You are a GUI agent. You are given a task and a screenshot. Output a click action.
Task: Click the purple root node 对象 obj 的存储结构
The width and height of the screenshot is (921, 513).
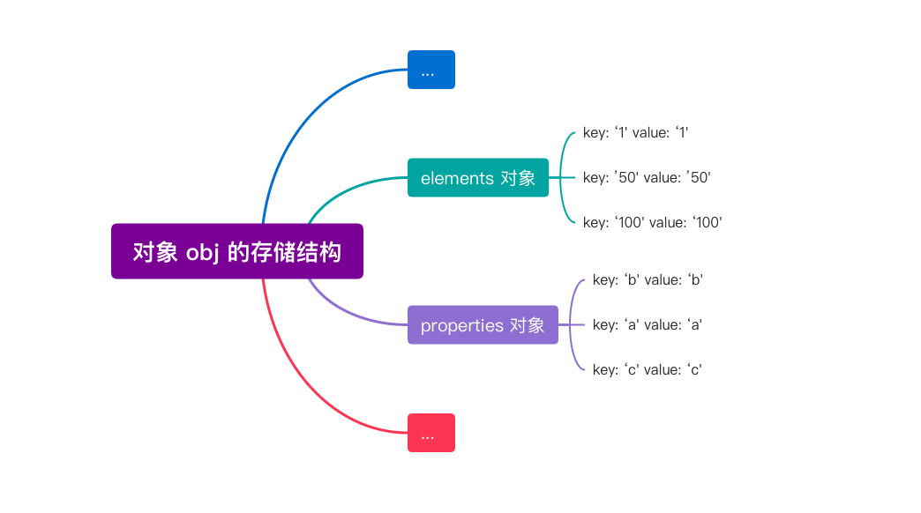click(x=236, y=251)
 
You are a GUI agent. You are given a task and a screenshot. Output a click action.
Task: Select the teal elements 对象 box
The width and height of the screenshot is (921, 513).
click(x=477, y=177)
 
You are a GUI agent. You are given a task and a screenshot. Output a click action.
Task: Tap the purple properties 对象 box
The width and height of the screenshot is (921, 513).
click(x=483, y=324)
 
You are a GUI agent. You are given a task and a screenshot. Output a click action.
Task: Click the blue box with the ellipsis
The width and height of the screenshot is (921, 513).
click(x=431, y=70)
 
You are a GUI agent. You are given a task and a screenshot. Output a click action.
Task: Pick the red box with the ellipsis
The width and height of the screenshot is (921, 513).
click(x=431, y=433)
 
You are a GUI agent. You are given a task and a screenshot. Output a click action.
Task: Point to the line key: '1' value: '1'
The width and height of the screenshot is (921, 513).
click(x=635, y=132)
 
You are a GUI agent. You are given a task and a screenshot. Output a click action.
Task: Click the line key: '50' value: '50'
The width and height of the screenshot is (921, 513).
click(x=647, y=177)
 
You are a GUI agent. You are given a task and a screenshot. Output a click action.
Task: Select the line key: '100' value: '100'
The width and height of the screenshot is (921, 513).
click(x=652, y=222)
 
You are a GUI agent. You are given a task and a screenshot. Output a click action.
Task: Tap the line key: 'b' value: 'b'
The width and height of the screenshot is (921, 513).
click(x=648, y=279)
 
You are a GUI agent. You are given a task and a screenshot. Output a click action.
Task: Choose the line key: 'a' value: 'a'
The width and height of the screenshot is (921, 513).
click(x=648, y=324)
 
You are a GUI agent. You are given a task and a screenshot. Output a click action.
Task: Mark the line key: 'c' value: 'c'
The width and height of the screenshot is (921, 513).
click(x=647, y=369)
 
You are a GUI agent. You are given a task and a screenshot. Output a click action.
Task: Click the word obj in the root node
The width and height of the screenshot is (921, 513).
click(x=201, y=252)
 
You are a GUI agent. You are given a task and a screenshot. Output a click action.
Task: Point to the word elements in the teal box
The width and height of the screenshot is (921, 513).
click(x=457, y=178)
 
